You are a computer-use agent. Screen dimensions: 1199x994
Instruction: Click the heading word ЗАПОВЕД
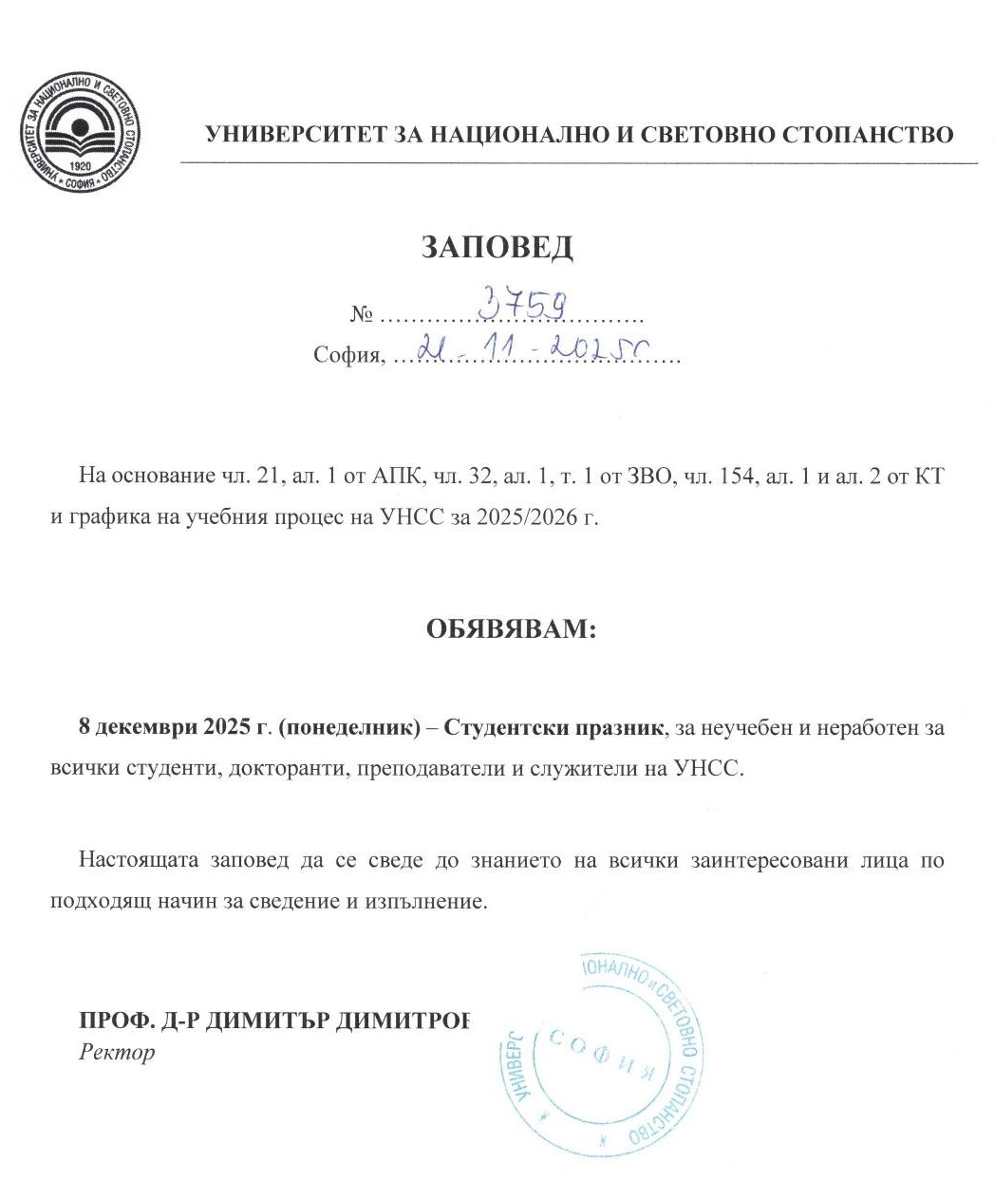[x=497, y=248]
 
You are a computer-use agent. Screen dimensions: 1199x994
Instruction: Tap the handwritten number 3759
[x=523, y=305]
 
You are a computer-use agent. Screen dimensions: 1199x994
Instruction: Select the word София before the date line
[x=347, y=357]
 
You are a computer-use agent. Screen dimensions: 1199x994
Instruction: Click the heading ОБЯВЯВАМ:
[x=511, y=629]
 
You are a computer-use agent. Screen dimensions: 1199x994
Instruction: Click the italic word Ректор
[x=117, y=1052]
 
